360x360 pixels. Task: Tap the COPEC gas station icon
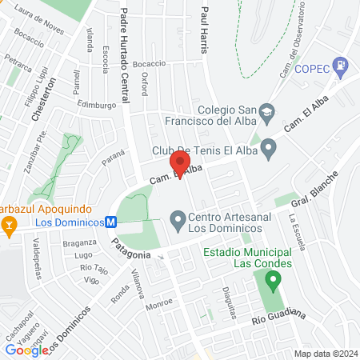342,64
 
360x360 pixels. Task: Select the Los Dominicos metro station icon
111,222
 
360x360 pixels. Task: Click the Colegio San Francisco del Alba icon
269,110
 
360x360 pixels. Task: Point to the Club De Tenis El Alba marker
270,147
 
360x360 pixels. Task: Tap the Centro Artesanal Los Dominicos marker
178,218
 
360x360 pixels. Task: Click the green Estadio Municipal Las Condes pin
274,282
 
